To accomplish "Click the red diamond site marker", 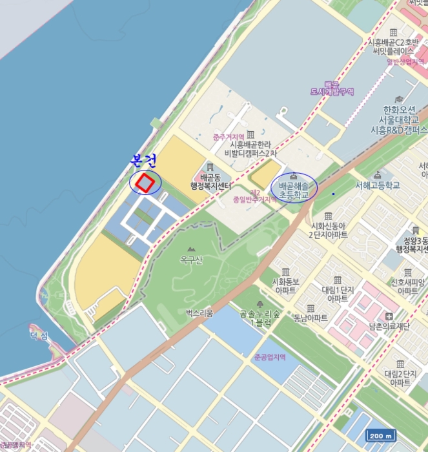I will [147, 183].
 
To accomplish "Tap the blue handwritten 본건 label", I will [143, 160].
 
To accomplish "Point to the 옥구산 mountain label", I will [191, 260].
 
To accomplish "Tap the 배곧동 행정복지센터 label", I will [211, 181].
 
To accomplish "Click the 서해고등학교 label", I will [377, 185].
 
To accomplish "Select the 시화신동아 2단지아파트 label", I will [329, 231].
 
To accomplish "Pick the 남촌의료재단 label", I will [389, 326].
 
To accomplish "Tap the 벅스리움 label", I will [199, 313].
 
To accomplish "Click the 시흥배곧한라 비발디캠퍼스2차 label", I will [250, 149].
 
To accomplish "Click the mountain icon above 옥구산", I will [191, 249].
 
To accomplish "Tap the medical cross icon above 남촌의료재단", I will [389, 316].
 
